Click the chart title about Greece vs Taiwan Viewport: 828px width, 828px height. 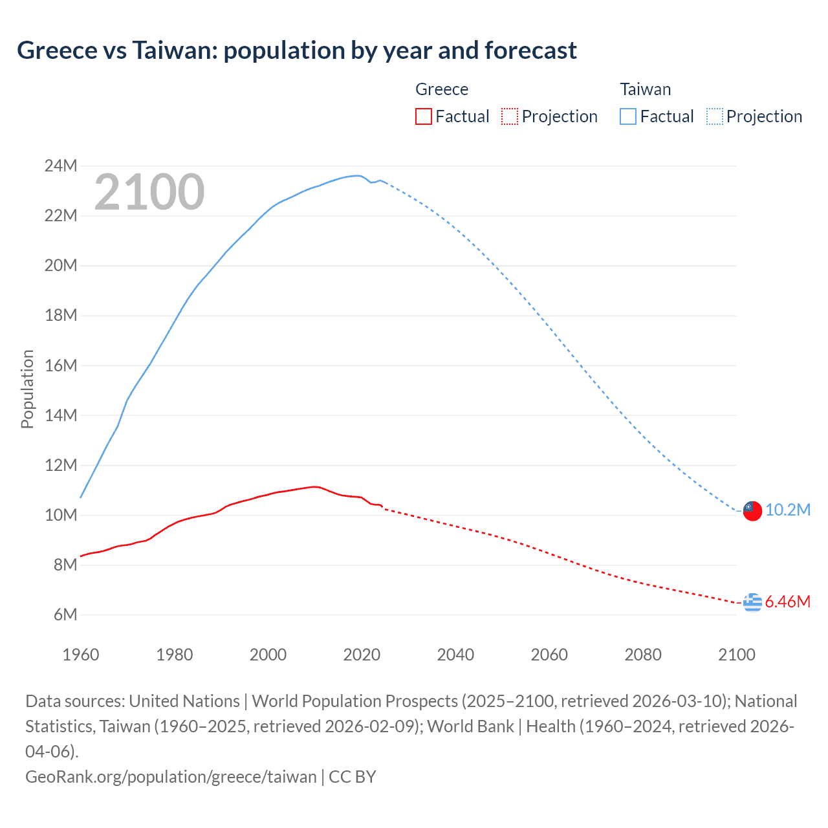[x=297, y=50]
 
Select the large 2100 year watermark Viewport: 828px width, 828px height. [x=149, y=192]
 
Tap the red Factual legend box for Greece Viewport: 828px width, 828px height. [x=423, y=116]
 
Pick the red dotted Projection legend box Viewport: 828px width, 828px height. [x=510, y=116]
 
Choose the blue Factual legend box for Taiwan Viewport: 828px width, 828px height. [x=627, y=116]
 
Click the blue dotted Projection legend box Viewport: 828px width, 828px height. [x=714, y=116]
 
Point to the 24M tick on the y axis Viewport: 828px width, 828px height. [x=61, y=166]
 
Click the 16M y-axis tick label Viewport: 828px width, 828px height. [x=61, y=365]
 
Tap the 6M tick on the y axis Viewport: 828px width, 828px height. [x=65, y=615]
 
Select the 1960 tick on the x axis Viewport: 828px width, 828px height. [x=81, y=655]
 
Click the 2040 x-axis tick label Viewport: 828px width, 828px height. [x=455, y=655]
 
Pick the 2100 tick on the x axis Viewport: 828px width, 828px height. [x=737, y=655]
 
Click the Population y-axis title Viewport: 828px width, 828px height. [x=27, y=389]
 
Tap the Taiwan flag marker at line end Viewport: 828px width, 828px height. [x=752, y=510]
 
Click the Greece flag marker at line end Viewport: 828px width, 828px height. [x=752, y=602]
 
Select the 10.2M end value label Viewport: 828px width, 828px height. [x=788, y=510]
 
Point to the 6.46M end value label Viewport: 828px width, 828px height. [x=788, y=602]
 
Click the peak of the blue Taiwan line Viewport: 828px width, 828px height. [x=356, y=175]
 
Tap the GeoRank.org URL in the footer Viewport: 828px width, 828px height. [x=171, y=776]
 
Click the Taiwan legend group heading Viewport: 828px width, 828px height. [x=645, y=89]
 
